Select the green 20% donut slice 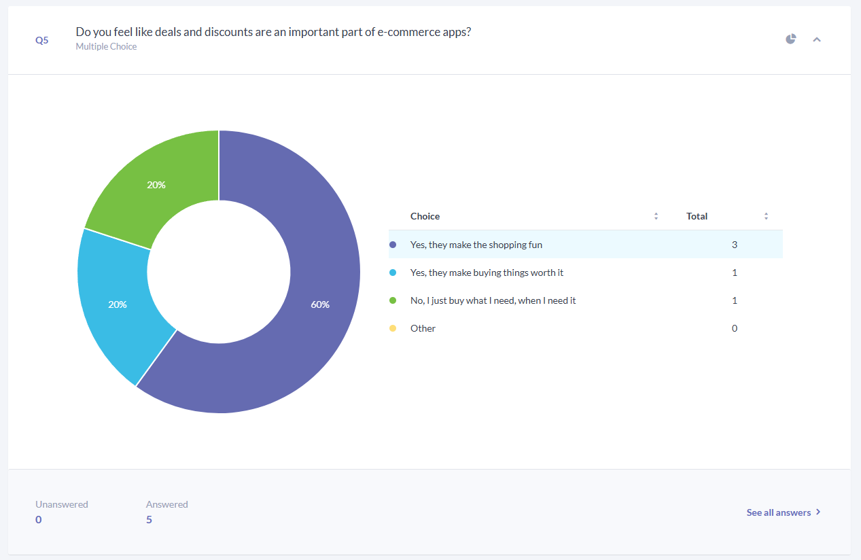162,181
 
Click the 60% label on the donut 320,304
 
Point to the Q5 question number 42,40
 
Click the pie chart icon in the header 790,39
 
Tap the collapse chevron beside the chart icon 817,39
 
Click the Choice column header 425,216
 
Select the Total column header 697,216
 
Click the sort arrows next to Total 766,216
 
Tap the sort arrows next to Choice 656,216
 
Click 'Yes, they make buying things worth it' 487,273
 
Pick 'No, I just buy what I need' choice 493,300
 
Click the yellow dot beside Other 393,328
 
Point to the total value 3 734,245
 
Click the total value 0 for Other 734,328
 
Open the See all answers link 784,512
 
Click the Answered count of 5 149,520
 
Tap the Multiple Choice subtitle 106,46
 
